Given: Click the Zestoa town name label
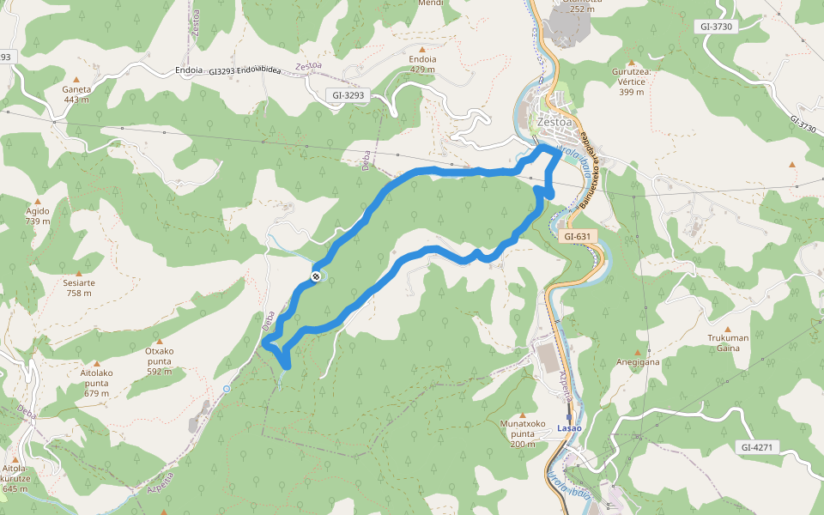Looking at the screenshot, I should click(554, 122).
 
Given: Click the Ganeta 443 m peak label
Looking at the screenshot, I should click(76, 94).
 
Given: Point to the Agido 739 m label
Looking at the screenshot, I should click(38, 215).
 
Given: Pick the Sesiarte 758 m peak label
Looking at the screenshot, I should click(79, 288).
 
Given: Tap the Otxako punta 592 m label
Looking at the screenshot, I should click(159, 355).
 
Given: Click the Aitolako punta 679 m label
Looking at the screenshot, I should click(96, 383).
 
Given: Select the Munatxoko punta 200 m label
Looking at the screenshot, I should click(523, 433).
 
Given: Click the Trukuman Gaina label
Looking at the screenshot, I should click(728, 342).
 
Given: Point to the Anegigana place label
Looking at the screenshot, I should click(636, 362).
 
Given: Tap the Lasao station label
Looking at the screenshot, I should click(569, 427).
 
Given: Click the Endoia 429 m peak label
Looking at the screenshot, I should click(423, 64).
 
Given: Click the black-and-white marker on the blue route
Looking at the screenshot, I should click(317, 276).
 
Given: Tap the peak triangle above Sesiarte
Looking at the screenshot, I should click(79, 273).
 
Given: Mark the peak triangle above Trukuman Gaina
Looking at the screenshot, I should click(728, 329).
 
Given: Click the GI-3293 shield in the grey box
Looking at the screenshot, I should click(347, 96).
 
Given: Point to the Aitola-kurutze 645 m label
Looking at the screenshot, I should click(15, 478).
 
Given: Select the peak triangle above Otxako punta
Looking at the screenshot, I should click(159, 341).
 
